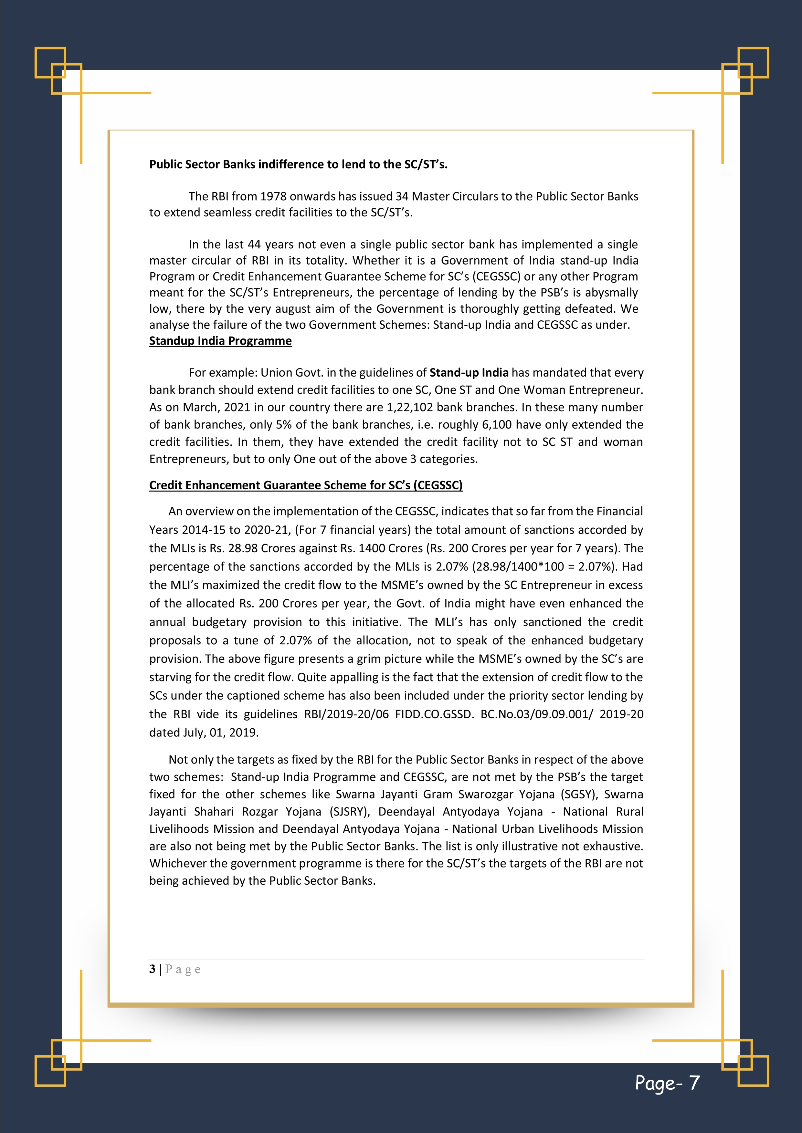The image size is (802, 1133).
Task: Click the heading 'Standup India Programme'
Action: tap(220, 341)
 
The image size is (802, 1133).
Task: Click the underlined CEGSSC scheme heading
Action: tap(306, 485)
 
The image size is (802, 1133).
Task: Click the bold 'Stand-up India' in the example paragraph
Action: tap(469, 373)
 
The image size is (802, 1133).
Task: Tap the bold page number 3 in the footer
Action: tap(152, 969)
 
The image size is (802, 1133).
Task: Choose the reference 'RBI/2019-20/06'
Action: tap(347, 714)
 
